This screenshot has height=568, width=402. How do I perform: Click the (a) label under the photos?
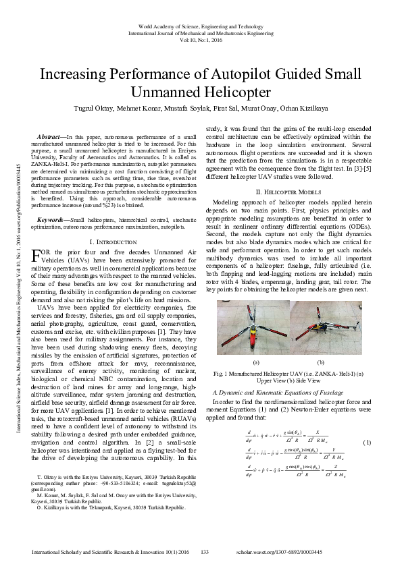[x=255, y=362]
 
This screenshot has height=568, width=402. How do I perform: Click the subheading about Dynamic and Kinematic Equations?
[x=274, y=391]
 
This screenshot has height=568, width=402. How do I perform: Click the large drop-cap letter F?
[x=37, y=237]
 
